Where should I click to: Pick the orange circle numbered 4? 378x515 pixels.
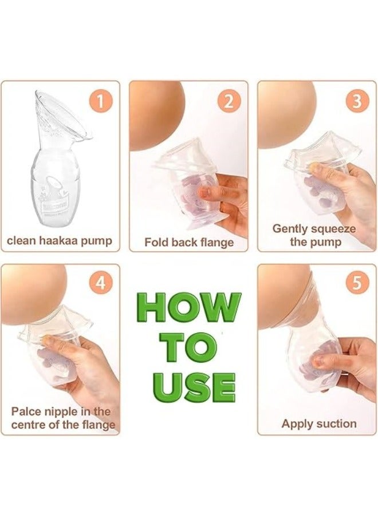100,284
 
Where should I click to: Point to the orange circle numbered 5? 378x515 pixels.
357,284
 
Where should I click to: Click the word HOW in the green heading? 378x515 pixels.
188,308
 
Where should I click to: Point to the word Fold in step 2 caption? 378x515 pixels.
156,242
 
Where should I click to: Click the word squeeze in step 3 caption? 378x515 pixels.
331,229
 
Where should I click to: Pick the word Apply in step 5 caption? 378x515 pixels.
296,424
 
